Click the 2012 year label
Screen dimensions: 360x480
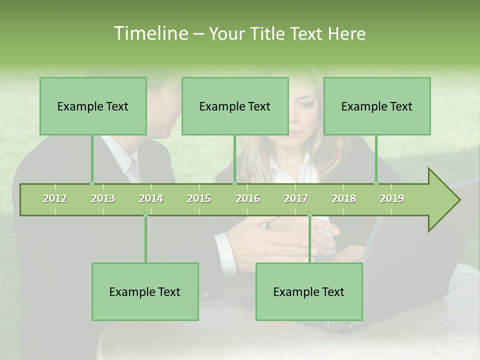click(55, 198)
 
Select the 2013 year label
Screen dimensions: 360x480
click(103, 198)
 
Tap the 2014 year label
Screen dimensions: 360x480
click(151, 198)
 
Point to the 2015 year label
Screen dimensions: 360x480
click(199, 198)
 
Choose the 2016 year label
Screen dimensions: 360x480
click(248, 198)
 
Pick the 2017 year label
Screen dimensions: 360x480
click(296, 198)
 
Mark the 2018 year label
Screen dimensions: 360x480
click(344, 198)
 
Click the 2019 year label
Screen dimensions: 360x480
click(392, 198)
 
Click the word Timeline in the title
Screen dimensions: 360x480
click(150, 33)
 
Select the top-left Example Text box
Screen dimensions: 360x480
click(93, 106)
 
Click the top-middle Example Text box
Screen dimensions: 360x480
click(235, 106)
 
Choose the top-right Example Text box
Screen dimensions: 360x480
click(377, 106)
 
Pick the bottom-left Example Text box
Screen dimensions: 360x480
click(145, 291)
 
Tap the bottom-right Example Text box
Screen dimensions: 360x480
click(309, 291)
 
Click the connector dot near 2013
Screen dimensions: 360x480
click(92, 183)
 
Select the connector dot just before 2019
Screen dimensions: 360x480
click(376, 183)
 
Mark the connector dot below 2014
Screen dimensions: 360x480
click(145, 215)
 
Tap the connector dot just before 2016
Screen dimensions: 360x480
click(234, 183)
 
